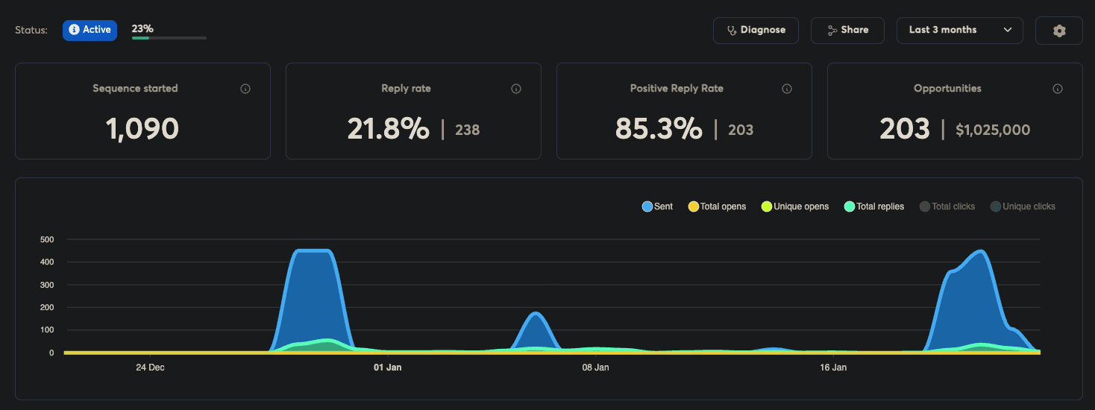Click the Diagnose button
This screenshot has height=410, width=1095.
pyautogui.click(x=756, y=31)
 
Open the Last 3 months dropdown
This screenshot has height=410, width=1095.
pyautogui.click(x=959, y=31)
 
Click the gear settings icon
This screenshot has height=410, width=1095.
pyautogui.click(x=1059, y=31)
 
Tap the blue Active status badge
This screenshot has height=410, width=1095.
pyautogui.click(x=90, y=31)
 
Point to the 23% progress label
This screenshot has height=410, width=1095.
pyautogui.click(x=142, y=29)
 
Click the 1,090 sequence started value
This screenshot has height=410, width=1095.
pyautogui.click(x=142, y=130)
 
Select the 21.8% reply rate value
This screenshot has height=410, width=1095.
pyautogui.click(x=388, y=130)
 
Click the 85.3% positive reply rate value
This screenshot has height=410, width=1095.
pyautogui.click(x=658, y=130)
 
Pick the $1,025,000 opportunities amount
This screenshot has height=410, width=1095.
pyautogui.click(x=992, y=130)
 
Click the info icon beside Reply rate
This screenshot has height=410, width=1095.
pyautogui.click(x=516, y=89)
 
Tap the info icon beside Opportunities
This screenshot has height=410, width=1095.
pyautogui.click(x=1057, y=89)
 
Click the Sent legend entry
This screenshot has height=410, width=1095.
pyautogui.click(x=658, y=206)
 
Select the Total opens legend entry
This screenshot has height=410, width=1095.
pyautogui.click(x=717, y=206)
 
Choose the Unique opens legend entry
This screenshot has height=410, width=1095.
pyautogui.click(x=795, y=206)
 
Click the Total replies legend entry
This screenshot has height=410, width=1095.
pyautogui.click(x=874, y=206)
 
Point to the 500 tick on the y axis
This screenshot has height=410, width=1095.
pyautogui.click(x=48, y=239)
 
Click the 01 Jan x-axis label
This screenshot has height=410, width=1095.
pyautogui.click(x=388, y=368)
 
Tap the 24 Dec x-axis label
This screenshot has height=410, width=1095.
pyautogui.click(x=150, y=368)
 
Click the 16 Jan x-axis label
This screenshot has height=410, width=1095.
pyautogui.click(x=833, y=368)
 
